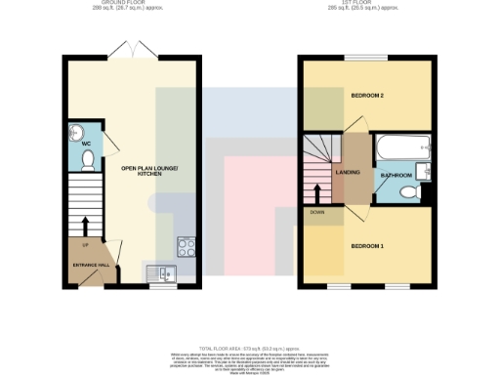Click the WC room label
tap(85, 143)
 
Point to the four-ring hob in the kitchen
tap(185, 246)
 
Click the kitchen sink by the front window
tap(160, 272)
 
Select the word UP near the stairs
tap(86, 245)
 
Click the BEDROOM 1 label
tap(366, 245)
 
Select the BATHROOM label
tap(396, 175)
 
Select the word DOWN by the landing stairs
tap(316, 211)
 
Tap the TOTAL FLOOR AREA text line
tap(249, 349)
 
